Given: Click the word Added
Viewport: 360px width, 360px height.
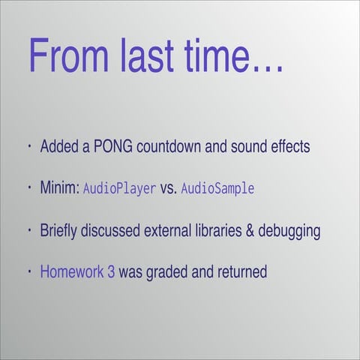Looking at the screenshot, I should [58, 145].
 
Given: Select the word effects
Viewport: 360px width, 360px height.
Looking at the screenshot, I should [289, 145].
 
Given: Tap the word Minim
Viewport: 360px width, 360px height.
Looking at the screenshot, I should [59, 187].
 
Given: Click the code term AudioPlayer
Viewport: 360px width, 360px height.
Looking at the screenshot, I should [119, 188].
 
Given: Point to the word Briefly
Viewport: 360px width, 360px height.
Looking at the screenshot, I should [61, 230].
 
